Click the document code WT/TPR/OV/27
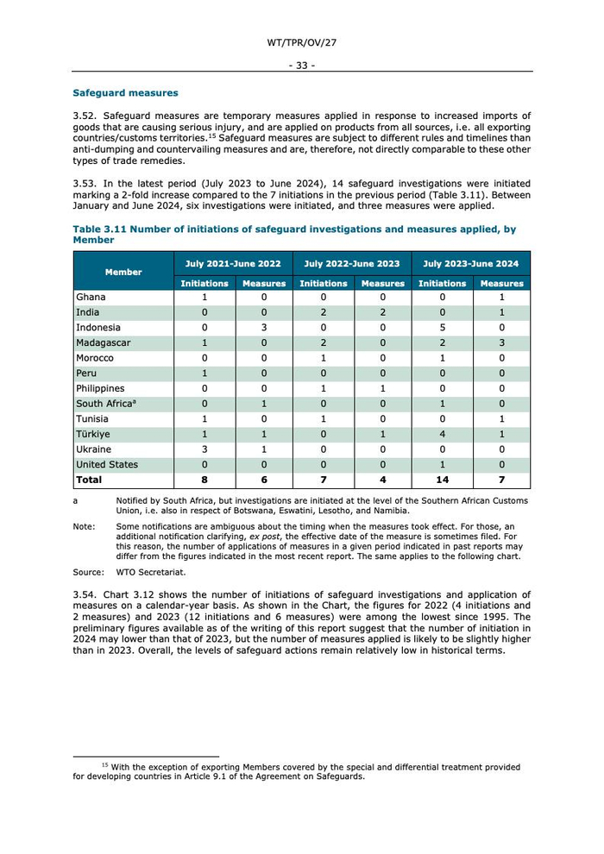click(301, 42)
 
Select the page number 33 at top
click(301, 65)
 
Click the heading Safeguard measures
click(125, 93)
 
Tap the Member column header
click(123, 272)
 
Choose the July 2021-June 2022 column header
click(234, 264)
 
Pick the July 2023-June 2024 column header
click(471, 264)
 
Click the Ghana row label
click(91, 298)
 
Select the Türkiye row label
click(93, 435)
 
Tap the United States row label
click(107, 465)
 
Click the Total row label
click(89, 480)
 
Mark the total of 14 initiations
click(443, 480)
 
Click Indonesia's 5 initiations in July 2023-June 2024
click(443, 328)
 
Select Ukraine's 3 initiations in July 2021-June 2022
click(204, 449)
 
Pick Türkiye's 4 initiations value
click(443, 435)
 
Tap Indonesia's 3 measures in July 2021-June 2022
click(264, 328)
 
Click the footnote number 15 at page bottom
click(104, 765)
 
